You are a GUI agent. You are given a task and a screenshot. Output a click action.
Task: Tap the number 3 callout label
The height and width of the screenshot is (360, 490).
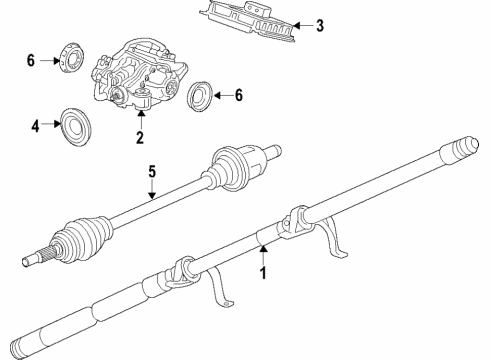320,26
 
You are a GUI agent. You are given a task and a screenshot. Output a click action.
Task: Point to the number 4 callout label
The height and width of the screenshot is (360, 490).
34,126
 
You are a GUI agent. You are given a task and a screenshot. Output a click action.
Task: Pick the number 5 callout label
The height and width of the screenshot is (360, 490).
152,171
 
